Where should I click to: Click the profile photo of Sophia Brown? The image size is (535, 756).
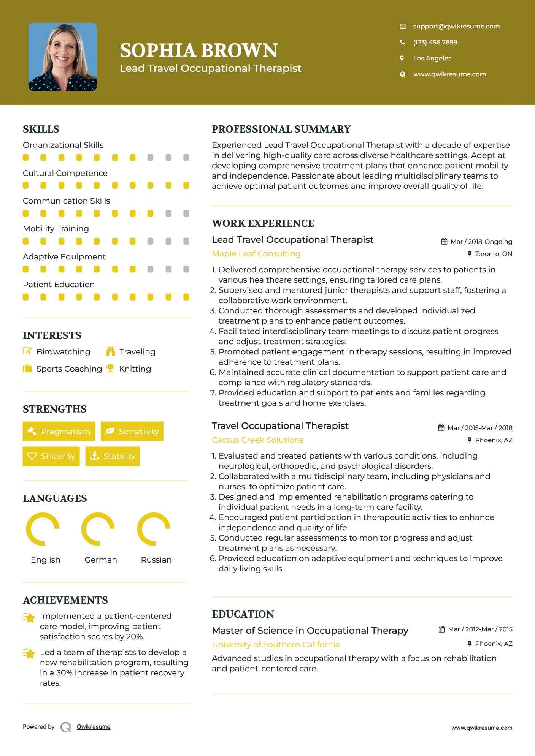(x=63, y=57)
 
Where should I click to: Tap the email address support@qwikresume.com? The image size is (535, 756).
(x=456, y=26)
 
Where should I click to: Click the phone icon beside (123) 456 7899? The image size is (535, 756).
(x=402, y=42)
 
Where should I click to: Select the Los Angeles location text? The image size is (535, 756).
(x=432, y=58)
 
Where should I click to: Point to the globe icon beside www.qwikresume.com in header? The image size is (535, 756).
(x=402, y=74)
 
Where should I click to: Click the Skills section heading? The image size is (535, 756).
(x=41, y=129)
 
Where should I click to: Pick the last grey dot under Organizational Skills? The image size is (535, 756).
(x=186, y=158)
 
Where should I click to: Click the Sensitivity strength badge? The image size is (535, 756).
(x=132, y=431)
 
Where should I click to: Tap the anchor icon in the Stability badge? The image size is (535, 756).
(x=94, y=456)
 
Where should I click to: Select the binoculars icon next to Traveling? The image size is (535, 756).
(x=111, y=351)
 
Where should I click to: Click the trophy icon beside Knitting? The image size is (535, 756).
(x=110, y=369)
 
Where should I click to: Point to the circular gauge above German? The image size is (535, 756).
(x=98, y=529)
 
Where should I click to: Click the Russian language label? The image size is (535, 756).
(x=156, y=560)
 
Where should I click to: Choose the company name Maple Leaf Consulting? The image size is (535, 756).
(x=256, y=254)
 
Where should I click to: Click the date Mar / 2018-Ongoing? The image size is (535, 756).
(x=481, y=242)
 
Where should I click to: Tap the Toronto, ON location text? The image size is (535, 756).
(x=493, y=254)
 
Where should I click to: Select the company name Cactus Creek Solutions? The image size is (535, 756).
(x=257, y=440)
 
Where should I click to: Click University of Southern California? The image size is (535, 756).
(x=276, y=645)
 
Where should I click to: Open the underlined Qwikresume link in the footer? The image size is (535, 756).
(x=94, y=727)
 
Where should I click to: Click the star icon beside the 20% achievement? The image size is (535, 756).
(x=29, y=618)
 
